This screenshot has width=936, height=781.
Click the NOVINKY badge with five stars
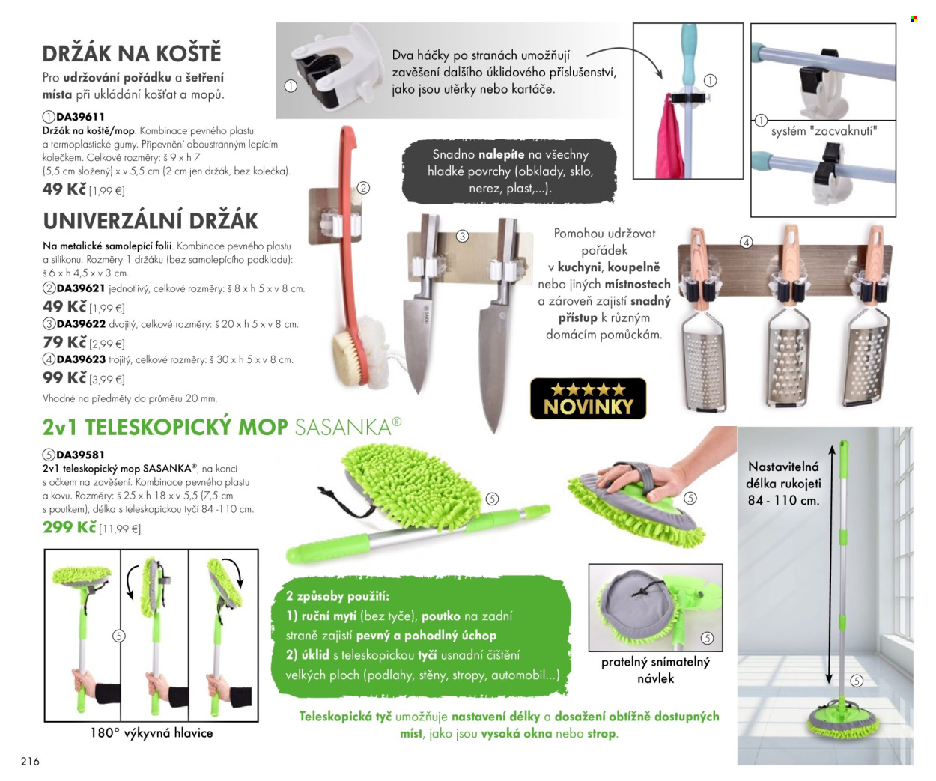tap(588, 398)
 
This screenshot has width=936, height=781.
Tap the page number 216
tap(30, 761)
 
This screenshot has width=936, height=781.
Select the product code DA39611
tap(80, 117)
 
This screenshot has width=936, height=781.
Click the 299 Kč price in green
tap(70, 527)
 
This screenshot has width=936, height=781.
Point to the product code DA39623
tap(81, 359)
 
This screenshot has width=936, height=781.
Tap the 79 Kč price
tap(64, 342)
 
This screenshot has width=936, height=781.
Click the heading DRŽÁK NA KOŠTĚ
tap(132, 52)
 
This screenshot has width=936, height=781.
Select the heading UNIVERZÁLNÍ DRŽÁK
tap(151, 221)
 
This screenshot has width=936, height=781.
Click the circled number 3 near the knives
tap(462, 236)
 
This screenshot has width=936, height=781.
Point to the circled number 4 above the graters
tap(746, 243)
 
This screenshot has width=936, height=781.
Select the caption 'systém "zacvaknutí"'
tap(824, 131)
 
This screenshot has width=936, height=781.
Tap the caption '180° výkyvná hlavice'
tap(151, 732)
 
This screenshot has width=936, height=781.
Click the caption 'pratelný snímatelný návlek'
tap(655, 670)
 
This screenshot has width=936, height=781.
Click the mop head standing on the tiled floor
tap(842, 720)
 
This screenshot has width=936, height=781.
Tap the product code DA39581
tap(80, 455)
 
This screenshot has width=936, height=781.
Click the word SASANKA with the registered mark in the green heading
tap(348, 427)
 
